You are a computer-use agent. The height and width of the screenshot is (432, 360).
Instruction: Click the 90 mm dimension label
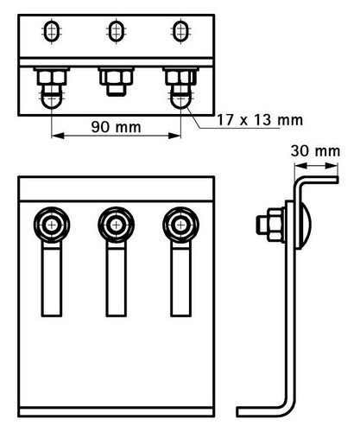point(116,127)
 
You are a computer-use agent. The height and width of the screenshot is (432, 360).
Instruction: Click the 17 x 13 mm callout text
point(260,120)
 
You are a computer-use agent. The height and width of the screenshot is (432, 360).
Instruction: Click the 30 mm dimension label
point(315,151)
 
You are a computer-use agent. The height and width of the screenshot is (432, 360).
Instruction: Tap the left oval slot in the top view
point(52,30)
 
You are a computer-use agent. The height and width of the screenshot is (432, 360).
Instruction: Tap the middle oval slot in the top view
point(116,30)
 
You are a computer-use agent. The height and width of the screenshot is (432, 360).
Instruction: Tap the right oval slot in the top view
point(180,30)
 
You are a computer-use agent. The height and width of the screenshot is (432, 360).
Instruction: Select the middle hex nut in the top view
point(116,77)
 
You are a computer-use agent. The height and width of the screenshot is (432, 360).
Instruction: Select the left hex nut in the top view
point(52,77)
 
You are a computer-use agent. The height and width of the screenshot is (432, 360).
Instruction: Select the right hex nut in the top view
point(180,77)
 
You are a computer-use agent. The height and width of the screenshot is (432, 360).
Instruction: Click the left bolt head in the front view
point(52,225)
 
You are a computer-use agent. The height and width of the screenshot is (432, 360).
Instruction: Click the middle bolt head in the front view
point(116,225)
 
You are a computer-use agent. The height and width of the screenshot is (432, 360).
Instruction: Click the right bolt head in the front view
point(180,225)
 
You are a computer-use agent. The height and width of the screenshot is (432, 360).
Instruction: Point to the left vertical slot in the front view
point(52,279)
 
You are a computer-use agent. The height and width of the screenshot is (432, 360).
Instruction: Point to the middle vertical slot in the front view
point(116,279)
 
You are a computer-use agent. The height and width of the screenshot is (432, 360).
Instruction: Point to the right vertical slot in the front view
point(180,279)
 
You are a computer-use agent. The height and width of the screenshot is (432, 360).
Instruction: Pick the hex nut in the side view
point(275,225)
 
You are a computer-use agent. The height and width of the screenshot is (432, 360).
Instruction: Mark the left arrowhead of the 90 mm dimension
point(58,136)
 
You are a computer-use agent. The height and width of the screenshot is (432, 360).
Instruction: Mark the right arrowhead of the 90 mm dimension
point(174,136)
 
